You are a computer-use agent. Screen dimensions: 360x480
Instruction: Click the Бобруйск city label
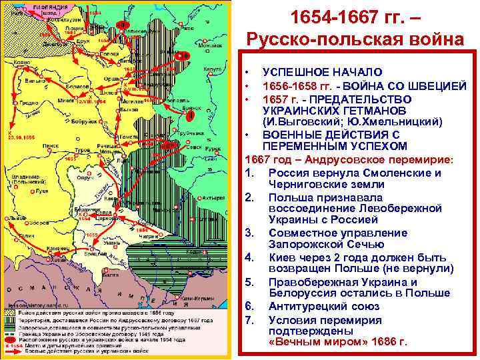pos(86,123)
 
